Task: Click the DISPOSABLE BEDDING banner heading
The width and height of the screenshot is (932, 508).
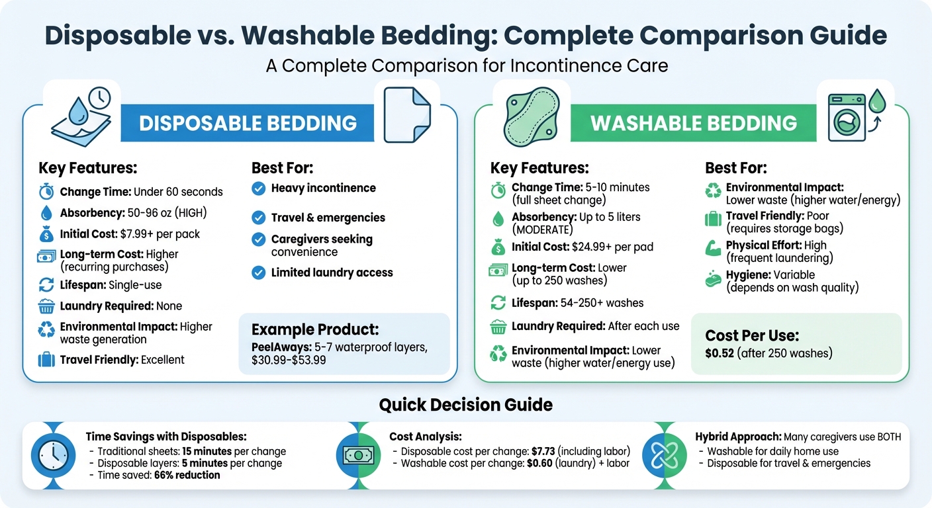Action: point(248,122)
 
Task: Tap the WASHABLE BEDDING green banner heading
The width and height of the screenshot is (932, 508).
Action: point(693,123)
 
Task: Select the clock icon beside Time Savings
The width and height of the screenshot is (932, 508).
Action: point(52,454)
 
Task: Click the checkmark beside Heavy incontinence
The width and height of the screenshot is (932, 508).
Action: point(259,189)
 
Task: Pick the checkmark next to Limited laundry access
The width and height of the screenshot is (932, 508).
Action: point(259,273)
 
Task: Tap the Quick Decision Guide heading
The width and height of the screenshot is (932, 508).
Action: point(465,404)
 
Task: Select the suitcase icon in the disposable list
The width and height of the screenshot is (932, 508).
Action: point(46,360)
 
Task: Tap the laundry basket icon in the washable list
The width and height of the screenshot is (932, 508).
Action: point(498,327)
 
